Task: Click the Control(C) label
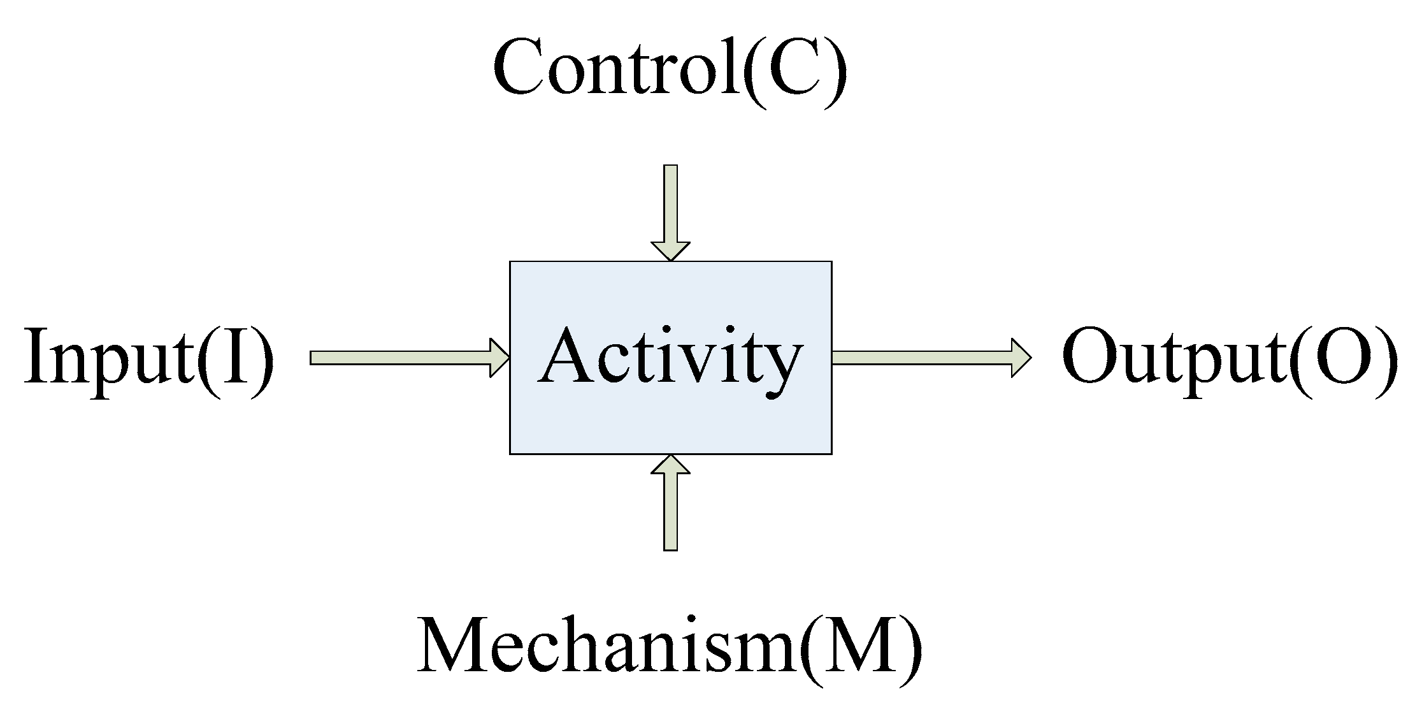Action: pyautogui.click(x=670, y=69)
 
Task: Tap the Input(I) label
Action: pyautogui.click(x=149, y=358)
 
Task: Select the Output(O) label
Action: pyautogui.click(x=1230, y=358)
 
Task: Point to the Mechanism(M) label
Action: pyautogui.click(x=670, y=646)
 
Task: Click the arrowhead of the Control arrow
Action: pyautogui.click(x=670, y=251)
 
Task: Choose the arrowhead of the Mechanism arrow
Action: pyautogui.click(x=670, y=465)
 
